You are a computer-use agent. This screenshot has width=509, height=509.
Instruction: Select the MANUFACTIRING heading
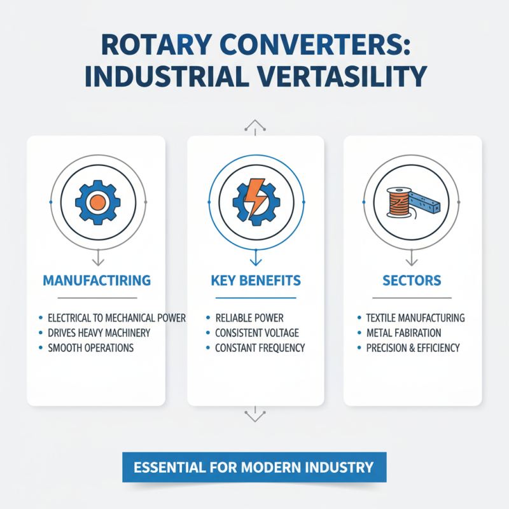coord(96,280)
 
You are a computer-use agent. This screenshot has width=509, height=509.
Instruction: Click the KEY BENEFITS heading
coord(254,280)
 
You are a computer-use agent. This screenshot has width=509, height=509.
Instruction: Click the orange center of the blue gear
coord(97,202)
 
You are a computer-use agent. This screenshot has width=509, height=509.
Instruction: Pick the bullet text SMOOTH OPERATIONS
coord(90,348)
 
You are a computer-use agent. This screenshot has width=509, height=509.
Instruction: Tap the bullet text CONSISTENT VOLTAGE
coord(256,333)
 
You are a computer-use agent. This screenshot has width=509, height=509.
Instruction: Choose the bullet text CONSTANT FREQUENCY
coord(260,348)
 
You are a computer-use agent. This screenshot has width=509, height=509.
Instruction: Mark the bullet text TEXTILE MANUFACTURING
coord(415,317)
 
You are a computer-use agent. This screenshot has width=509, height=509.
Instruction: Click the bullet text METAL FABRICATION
coord(403,333)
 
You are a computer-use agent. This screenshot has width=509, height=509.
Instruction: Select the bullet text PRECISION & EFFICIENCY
coord(413,348)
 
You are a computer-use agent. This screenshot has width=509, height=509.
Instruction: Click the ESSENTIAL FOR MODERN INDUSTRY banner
coord(253,468)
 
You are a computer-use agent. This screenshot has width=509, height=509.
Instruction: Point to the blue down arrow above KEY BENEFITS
coord(255,258)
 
